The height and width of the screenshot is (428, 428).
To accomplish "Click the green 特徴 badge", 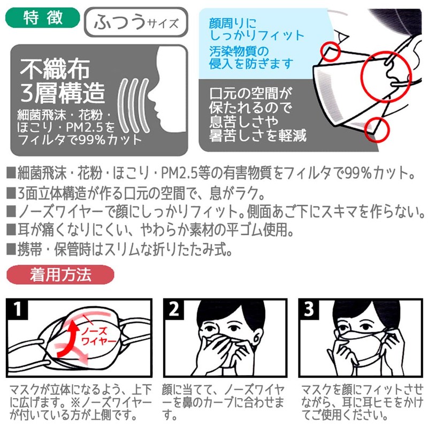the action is (x=43, y=18).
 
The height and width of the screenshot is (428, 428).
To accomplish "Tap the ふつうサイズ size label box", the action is (x=136, y=22).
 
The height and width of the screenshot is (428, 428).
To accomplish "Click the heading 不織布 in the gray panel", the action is (x=55, y=69).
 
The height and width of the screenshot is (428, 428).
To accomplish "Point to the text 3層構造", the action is (x=63, y=93).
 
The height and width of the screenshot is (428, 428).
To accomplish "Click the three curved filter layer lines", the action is (x=133, y=105).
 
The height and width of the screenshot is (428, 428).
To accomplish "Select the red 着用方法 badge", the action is (x=60, y=274).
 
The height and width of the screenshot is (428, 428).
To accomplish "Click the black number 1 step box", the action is (x=17, y=309).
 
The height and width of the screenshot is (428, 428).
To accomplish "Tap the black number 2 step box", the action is (x=174, y=309).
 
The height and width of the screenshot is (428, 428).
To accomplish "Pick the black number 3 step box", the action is (x=309, y=309).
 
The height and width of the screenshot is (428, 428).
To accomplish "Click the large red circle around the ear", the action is (x=385, y=77).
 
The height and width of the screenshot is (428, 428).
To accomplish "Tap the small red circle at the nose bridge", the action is (x=330, y=51).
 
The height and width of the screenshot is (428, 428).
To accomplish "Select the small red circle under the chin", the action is (x=377, y=129).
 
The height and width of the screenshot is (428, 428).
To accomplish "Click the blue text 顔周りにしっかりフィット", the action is (x=257, y=29).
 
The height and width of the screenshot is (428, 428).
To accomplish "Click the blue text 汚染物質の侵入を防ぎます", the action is (x=251, y=57).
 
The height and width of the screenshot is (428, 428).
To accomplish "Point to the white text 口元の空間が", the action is (x=250, y=94).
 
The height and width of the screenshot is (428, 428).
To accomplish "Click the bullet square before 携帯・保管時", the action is (x=11, y=249).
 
